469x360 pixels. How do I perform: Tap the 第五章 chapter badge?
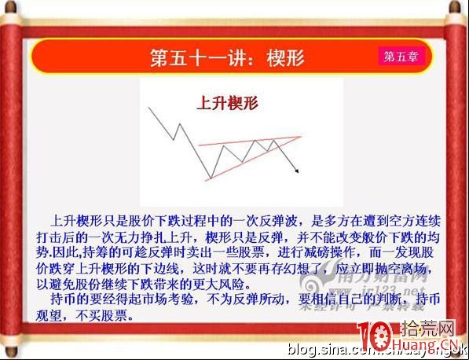point(401,57)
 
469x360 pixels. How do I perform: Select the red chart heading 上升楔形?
point(227,102)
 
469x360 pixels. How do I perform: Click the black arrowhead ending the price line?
point(296,169)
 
